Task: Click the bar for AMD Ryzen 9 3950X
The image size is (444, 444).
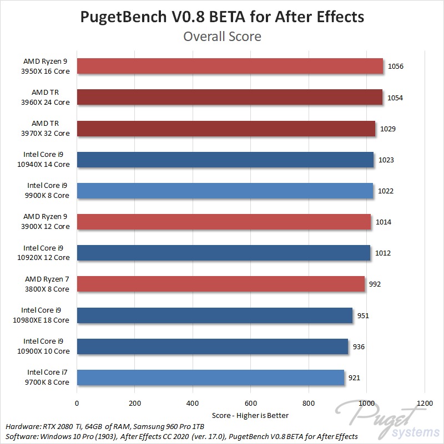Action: click(x=230, y=67)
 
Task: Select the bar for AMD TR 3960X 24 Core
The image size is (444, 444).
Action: click(x=229, y=98)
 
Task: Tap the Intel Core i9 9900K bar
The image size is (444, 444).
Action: click(x=225, y=191)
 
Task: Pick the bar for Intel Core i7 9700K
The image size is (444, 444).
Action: click(x=210, y=378)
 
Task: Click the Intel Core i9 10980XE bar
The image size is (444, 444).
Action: click(x=215, y=316)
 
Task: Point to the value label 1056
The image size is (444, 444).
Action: click(x=396, y=67)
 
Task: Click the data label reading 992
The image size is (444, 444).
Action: click(x=375, y=284)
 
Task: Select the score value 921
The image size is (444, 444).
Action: click(x=354, y=378)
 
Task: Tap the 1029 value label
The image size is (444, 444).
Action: click(x=387, y=129)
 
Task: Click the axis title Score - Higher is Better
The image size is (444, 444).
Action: click(x=250, y=415)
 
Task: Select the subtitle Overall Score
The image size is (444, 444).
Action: click(x=222, y=37)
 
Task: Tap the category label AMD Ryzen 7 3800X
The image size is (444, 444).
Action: click(x=47, y=284)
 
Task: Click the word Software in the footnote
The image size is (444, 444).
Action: click(x=21, y=436)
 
